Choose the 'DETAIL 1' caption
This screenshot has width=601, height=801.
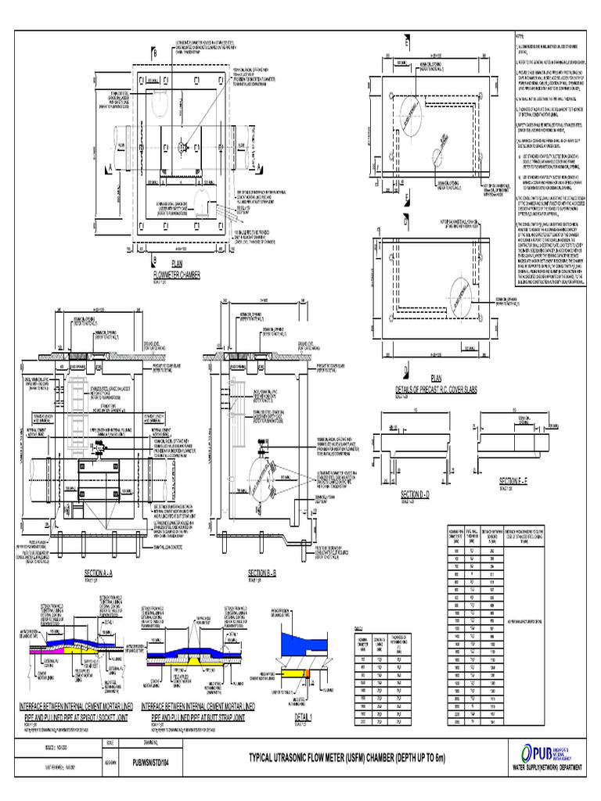[x=303, y=717]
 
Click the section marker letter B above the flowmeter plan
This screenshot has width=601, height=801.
[x=155, y=51]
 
